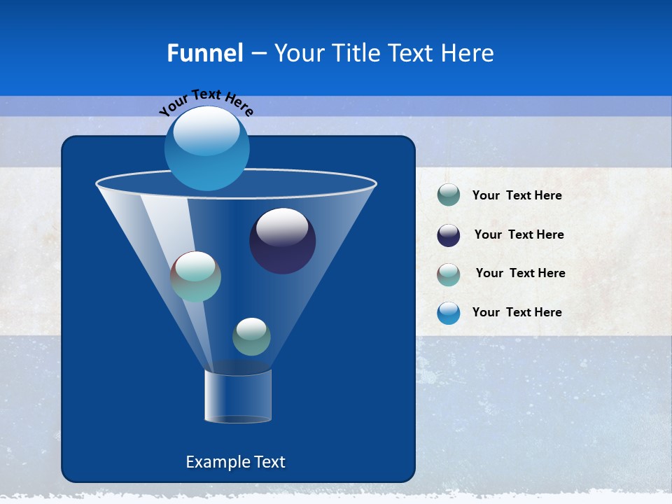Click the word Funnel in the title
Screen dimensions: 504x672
(x=204, y=52)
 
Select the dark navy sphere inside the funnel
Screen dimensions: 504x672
(x=282, y=241)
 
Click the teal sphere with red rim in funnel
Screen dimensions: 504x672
(x=195, y=276)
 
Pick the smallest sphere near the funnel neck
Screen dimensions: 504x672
(x=251, y=337)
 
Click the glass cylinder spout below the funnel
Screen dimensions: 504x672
(x=238, y=396)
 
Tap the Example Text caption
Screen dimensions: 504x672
(x=235, y=462)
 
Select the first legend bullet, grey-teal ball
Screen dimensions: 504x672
(x=449, y=195)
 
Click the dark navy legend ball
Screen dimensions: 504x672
(x=449, y=235)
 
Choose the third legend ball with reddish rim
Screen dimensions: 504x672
(x=449, y=274)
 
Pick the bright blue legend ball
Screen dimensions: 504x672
(x=449, y=313)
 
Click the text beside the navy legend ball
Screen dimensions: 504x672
(x=519, y=234)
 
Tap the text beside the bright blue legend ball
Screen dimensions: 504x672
(x=517, y=312)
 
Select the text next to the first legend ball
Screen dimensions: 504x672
(x=517, y=195)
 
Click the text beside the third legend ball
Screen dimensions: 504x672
(x=520, y=273)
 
